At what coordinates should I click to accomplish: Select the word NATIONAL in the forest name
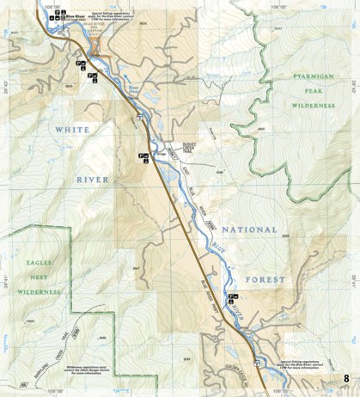point(249,230)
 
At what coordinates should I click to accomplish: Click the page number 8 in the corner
point(345,378)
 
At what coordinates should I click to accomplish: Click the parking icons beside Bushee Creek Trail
point(144,156)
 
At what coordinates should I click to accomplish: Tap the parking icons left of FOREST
point(232,299)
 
